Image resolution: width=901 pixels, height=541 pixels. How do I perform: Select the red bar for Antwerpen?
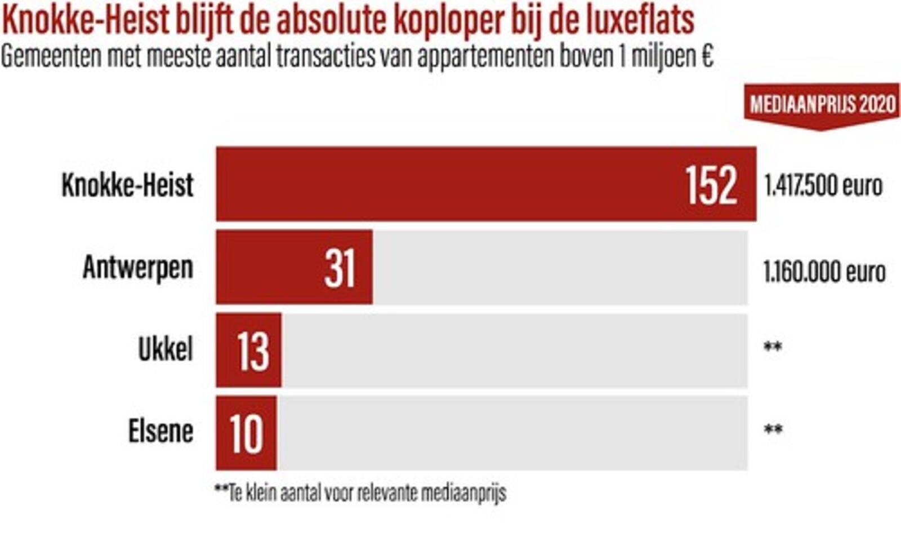point(270,267)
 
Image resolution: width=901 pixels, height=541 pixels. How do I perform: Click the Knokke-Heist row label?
point(128,185)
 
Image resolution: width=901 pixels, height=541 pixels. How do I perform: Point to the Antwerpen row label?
point(138,267)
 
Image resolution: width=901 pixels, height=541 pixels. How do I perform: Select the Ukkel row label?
point(166,349)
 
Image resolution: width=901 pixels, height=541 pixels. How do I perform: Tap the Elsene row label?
point(161,432)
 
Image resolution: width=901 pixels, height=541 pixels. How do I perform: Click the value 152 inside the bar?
point(711,185)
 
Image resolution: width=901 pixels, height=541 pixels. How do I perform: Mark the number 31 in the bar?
point(340,268)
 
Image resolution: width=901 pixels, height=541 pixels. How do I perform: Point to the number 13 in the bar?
point(253,351)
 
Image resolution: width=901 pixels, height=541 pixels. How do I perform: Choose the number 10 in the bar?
point(247,433)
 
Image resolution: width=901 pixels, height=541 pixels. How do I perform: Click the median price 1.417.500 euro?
point(823,186)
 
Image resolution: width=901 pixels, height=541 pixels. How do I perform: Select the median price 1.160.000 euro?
point(824,272)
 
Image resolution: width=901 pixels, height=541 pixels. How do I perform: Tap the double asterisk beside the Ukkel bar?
point(773,347)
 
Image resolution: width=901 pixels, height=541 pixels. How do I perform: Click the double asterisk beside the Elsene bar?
point(773,430)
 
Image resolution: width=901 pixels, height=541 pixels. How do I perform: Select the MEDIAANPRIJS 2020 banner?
point(822,105)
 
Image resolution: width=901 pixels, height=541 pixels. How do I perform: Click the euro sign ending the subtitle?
point(708,56)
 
